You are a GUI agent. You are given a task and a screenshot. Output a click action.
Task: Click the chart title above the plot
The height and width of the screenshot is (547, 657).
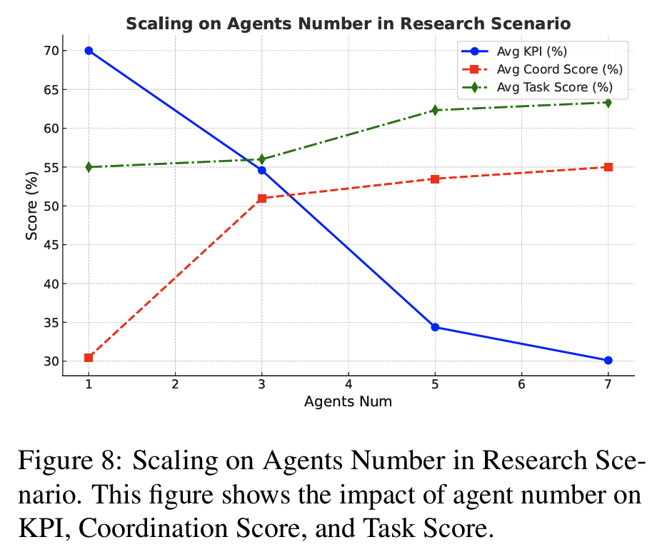tap(348, 24)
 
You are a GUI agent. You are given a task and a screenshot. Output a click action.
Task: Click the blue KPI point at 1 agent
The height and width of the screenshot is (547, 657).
tap(89, 51)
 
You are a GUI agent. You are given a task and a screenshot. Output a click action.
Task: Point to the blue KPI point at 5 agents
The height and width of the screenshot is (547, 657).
tap(435, 327)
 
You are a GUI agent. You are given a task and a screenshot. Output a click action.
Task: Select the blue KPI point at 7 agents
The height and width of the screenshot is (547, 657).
tap(608, 361)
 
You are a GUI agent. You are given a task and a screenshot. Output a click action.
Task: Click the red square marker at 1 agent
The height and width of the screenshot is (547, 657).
tap(89, 358)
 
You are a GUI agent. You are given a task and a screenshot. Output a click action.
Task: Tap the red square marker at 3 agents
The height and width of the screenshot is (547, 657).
tap(262, 198)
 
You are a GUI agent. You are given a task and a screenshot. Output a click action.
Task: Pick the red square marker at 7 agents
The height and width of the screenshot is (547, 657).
tap(608, 167)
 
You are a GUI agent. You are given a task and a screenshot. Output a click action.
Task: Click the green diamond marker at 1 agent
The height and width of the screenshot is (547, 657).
tap(89, 167)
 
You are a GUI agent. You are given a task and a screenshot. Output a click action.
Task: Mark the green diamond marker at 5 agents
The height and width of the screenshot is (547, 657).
tap(435, 110)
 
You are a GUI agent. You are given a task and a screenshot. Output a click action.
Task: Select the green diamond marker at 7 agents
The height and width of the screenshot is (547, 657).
tap(608, 102)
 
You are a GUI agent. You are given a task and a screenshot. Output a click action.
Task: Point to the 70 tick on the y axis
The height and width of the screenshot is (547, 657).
tap(51, 51)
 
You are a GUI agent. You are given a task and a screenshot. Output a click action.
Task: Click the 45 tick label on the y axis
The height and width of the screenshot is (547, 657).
tap(51, 245)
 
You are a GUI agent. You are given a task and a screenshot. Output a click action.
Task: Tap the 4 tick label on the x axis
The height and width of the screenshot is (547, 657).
tap(348, 385)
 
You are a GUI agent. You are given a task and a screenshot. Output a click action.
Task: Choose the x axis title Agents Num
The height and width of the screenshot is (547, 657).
tap(348, 401)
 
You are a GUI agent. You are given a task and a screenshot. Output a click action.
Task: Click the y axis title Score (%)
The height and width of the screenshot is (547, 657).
tap(31, 206)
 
